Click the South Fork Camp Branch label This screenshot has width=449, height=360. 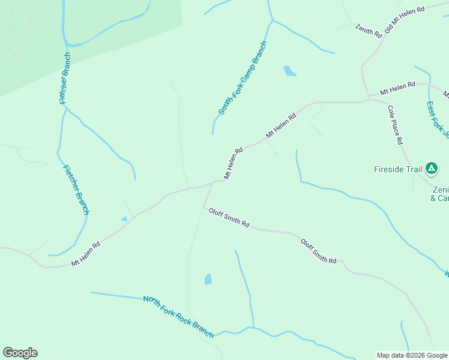242,79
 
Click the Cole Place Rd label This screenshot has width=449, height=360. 395,125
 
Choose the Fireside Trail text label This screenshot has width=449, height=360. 397,169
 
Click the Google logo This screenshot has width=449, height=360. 20,353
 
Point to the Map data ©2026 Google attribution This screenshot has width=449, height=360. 412,355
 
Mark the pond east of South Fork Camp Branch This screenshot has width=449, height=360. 289,71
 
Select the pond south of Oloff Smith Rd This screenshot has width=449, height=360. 208,279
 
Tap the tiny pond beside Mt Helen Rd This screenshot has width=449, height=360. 124,219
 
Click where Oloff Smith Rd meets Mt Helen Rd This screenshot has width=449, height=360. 211,184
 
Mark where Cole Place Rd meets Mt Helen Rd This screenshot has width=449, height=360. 369,99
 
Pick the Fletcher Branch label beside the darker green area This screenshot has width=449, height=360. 65,78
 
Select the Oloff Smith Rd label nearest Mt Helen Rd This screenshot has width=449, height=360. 229,217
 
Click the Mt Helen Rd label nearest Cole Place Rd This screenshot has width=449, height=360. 397,89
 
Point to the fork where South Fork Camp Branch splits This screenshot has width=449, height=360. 272,21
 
